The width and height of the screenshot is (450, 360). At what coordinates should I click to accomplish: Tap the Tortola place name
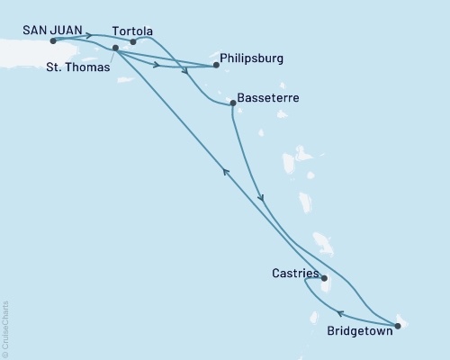pyautogui.click(x=133, y=28)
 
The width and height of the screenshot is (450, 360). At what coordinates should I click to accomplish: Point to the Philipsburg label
pyautogui.click(x=252, y=58)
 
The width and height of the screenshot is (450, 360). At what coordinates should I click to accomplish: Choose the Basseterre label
pyautogui.click(x=268, y=97)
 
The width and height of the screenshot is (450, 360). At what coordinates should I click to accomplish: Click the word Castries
pyautogui.click(x=295, y=269)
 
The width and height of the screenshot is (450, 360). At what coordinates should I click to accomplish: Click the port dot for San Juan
pyautogui.click(x=53, y=41)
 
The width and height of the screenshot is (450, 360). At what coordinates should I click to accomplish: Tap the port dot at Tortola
pyautogui.click(x=133, y=41)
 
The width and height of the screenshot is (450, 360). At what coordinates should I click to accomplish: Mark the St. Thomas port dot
pyautogui.click(x=115, y=48)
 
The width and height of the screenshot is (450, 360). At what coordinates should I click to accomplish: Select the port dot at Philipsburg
pyautogui.click(x=216, y=65)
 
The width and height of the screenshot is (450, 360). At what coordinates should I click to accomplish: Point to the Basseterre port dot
pyautogui.click(x=232, y=103)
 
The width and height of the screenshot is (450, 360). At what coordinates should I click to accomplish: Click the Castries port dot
pyautogui.click(x=324, y=278)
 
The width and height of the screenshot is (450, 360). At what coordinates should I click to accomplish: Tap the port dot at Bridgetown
pyautogui.click(x=398, y=325)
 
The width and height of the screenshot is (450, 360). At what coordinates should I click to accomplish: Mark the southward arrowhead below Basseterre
pyautogui.click(x=260, y=198)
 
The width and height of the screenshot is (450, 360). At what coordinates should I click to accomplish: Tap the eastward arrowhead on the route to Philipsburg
pyautogui.click(x=157, y=65)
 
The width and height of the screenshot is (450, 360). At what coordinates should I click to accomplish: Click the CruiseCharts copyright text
pyautogui.click(x=6, y=328)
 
